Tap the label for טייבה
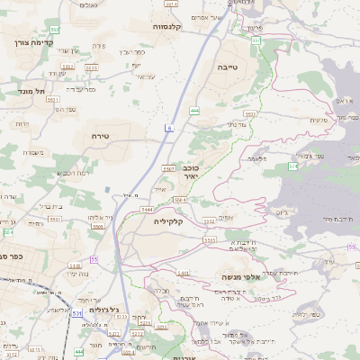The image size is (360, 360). click(x=227, y=67)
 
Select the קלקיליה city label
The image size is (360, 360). click(x=168, y=221)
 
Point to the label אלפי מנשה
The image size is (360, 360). click(x=240, y=278)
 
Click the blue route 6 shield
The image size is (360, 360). click(x=168, y=129)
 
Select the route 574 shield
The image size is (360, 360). click(x=292, y=166)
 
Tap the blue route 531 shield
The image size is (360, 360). click(x=77, y=314)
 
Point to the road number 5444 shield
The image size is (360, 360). click(x=146, y=209)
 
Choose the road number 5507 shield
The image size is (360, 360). click(x=168, y=168)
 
